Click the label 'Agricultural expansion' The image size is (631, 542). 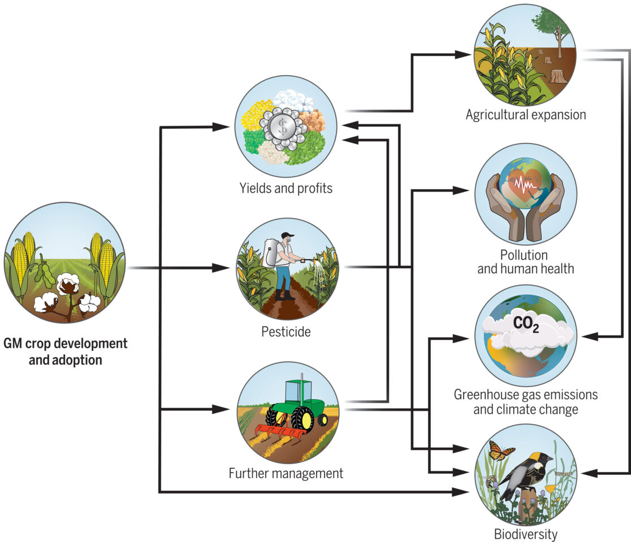[525, 115]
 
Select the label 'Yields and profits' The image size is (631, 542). [286, 187]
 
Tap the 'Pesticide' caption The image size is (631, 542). [286, 331]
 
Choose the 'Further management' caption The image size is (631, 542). [286, 473]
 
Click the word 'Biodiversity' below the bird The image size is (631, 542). [525, 534]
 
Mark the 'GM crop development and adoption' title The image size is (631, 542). [66, 351]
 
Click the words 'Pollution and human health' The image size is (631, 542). [525, 261]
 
